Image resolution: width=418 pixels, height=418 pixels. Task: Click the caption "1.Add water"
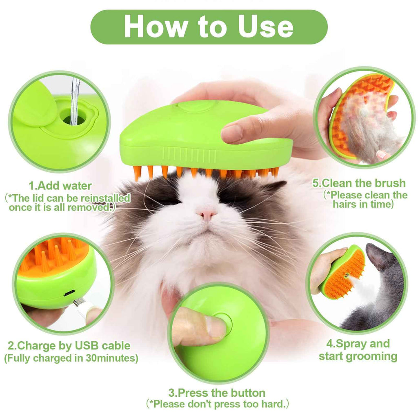[x=60, y=186]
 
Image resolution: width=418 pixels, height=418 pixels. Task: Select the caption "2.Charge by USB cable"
[x=69, y=346]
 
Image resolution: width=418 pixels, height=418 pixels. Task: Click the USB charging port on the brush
[x=69, y=292]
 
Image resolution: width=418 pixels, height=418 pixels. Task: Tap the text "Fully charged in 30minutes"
[x=71, y=358]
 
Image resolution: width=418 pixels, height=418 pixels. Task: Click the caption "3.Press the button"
[x=217, y=393]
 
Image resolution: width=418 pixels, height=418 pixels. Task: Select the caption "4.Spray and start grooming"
[x=358, y=350]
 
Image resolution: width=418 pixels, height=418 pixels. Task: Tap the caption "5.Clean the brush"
[x=359, y=182]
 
